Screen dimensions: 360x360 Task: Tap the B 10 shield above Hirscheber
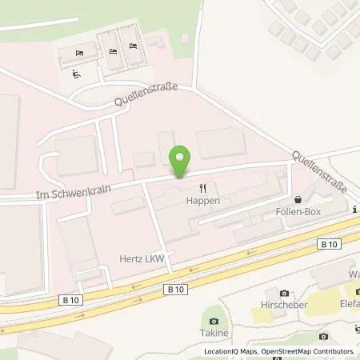click(x=326, y=245)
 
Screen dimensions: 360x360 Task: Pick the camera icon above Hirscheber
click(x=284, y=294)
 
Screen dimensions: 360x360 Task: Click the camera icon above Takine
click(x=213, y=322)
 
